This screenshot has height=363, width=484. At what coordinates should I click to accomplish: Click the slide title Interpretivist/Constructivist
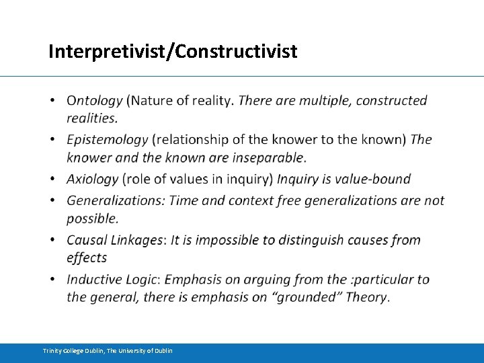pyautogui.click(x=173, y=51)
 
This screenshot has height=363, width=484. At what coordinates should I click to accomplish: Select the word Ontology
pyautogui.click(x=95, y=101)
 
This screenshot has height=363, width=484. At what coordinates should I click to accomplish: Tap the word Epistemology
pyautogui.click(x=107, y=140)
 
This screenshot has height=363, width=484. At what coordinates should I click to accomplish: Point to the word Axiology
pyautogui.click(x=92, y=179)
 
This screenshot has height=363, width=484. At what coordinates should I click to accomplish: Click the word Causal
pyautogui.click(x=87, y=240)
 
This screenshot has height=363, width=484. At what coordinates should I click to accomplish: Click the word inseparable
pyautogui.click(x=268, y=158)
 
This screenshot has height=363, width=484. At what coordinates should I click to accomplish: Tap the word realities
pyautogui.click(x=91, y=118)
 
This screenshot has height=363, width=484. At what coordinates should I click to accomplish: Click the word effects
pyautogui.click(x=87, y=257)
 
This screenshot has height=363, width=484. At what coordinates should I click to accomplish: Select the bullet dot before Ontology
pyautogui.click(x=52, y=102)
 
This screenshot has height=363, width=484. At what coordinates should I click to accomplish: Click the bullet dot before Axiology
pyautogui.click(x=52, y=179)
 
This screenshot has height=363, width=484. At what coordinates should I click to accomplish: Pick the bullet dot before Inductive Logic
pyautogui.click(x=52, y=280)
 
